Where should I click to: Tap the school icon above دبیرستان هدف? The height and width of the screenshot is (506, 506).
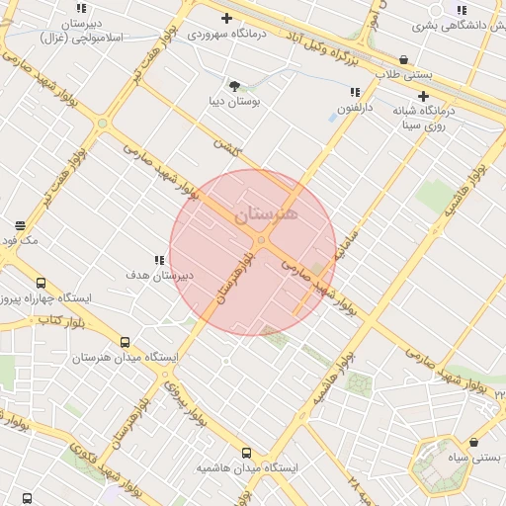[159, 261]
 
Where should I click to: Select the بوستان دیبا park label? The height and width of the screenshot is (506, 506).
[233, 101]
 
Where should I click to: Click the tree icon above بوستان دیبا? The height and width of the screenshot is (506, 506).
[234, 86]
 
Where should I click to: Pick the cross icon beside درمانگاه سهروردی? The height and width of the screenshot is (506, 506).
[227, 18]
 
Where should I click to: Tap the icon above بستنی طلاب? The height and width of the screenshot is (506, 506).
[403, 60]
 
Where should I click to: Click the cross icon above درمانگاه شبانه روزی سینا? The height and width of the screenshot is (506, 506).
[423, 97]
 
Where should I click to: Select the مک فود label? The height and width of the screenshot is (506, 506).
[20, 239]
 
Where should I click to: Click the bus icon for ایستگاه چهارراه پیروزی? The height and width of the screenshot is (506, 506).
[41, 283]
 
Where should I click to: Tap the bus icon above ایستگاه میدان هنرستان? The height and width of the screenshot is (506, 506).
[125, 342]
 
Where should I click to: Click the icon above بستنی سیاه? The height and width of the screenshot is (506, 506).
[475, 443]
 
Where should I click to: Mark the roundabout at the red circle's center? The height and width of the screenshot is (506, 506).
[261, 240]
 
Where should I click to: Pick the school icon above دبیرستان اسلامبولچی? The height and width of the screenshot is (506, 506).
[82, 9]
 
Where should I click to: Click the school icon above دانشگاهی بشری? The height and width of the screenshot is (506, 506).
[462, 11]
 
